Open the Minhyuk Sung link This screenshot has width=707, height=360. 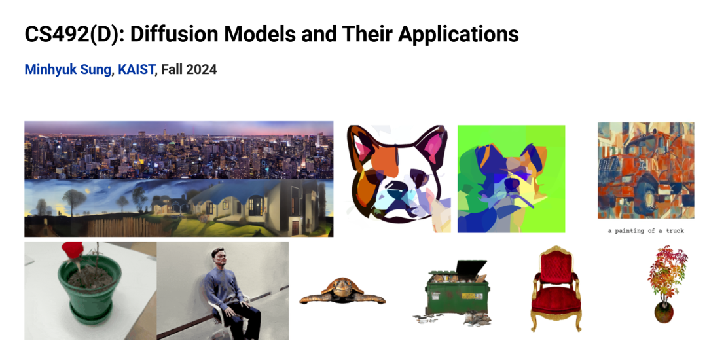point(67,69)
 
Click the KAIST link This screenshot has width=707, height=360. point(136,69)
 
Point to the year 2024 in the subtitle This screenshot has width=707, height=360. point(202,69)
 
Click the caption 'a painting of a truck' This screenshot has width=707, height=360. point(645,230)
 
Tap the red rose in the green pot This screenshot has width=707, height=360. point(73,249)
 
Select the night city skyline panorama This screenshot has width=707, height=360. point(179,150)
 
